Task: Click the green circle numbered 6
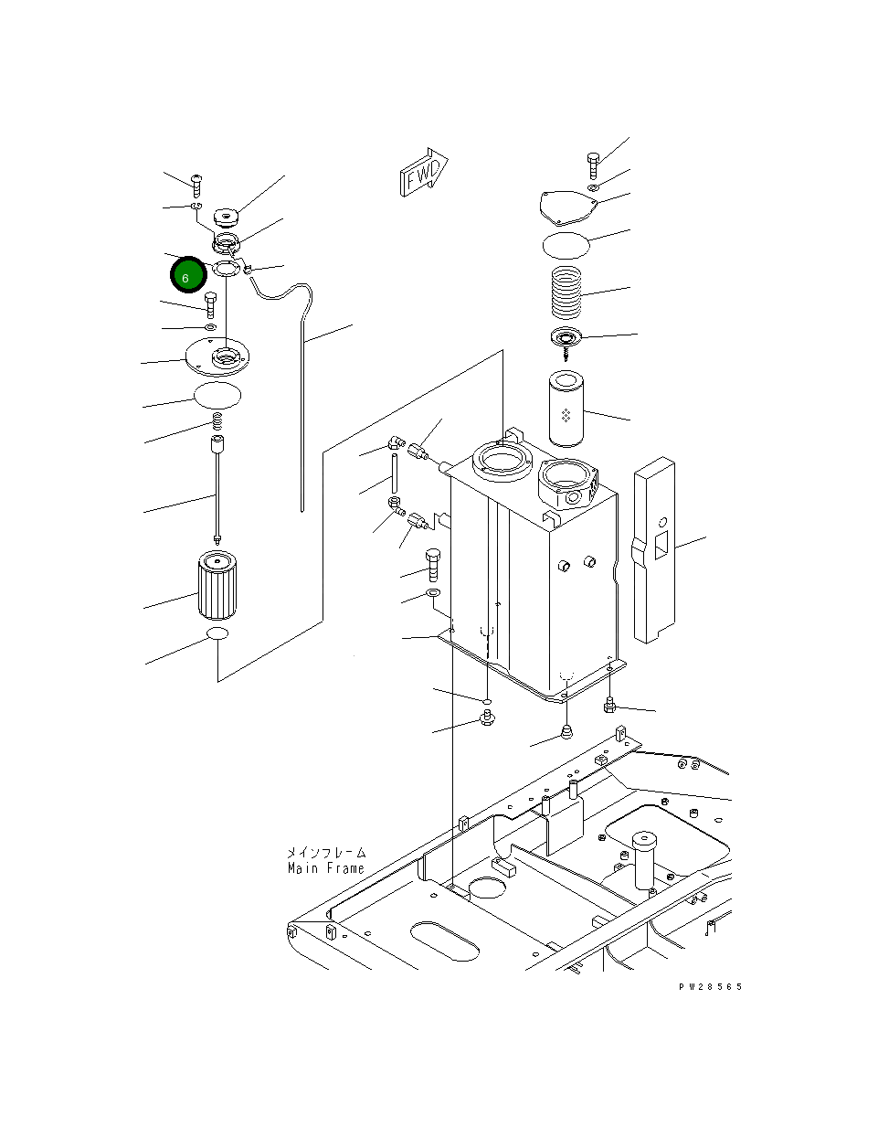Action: point(187,275)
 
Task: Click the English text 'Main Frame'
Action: point(325,868)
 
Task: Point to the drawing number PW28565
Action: point(710,987)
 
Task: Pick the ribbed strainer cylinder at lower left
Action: point(217,587)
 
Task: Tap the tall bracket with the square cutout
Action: point(653,548)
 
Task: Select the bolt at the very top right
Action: point(593,165)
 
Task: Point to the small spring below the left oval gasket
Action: point(218,421)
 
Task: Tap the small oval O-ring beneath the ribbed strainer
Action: point(217,633)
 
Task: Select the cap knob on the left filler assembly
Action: point(225,218)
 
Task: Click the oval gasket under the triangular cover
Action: point(566,245)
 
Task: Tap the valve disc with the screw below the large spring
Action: point(567,339)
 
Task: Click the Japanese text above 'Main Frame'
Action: point(325,852)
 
